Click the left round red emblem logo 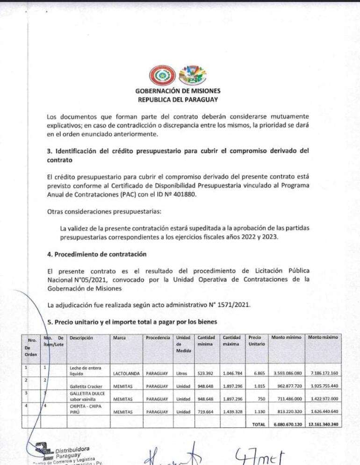(162, 75)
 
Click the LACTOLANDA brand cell (126, 373)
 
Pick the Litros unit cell (182, 373)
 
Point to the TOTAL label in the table (259, 424)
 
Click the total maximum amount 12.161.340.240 (323, 424)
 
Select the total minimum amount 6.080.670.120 (287, 424)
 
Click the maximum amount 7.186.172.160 (324, 373)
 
